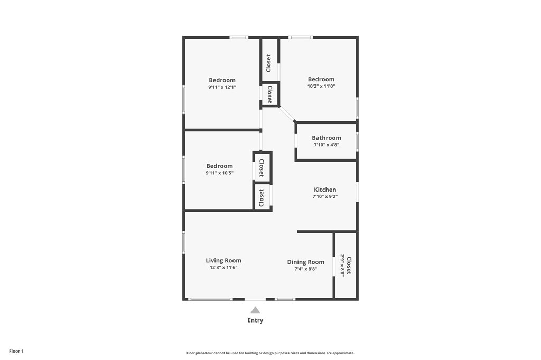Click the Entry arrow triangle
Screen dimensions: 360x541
coord(255,310)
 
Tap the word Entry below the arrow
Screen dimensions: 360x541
coord(255,320)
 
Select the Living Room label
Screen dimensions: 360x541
coord(223,260)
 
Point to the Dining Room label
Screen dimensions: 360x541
coord(305,262)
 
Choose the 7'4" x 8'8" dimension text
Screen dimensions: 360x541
coord(305,269)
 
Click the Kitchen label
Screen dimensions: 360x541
coord(325,190)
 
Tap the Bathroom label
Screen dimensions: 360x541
coord(326,138)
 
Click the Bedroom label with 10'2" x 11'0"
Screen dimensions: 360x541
coord(321,79)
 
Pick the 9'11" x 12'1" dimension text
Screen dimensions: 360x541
coord(222,87)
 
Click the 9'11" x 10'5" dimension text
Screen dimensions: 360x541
coord(219,173)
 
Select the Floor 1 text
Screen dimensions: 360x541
coord(16,351)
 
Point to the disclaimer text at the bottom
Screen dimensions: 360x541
coord(270,353)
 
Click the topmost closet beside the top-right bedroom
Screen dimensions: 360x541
coord(269,63)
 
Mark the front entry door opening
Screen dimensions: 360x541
coord(255,299)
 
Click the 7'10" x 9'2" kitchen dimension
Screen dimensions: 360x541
coord(325,196)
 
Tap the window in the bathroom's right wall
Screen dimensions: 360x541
coord(357,141)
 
